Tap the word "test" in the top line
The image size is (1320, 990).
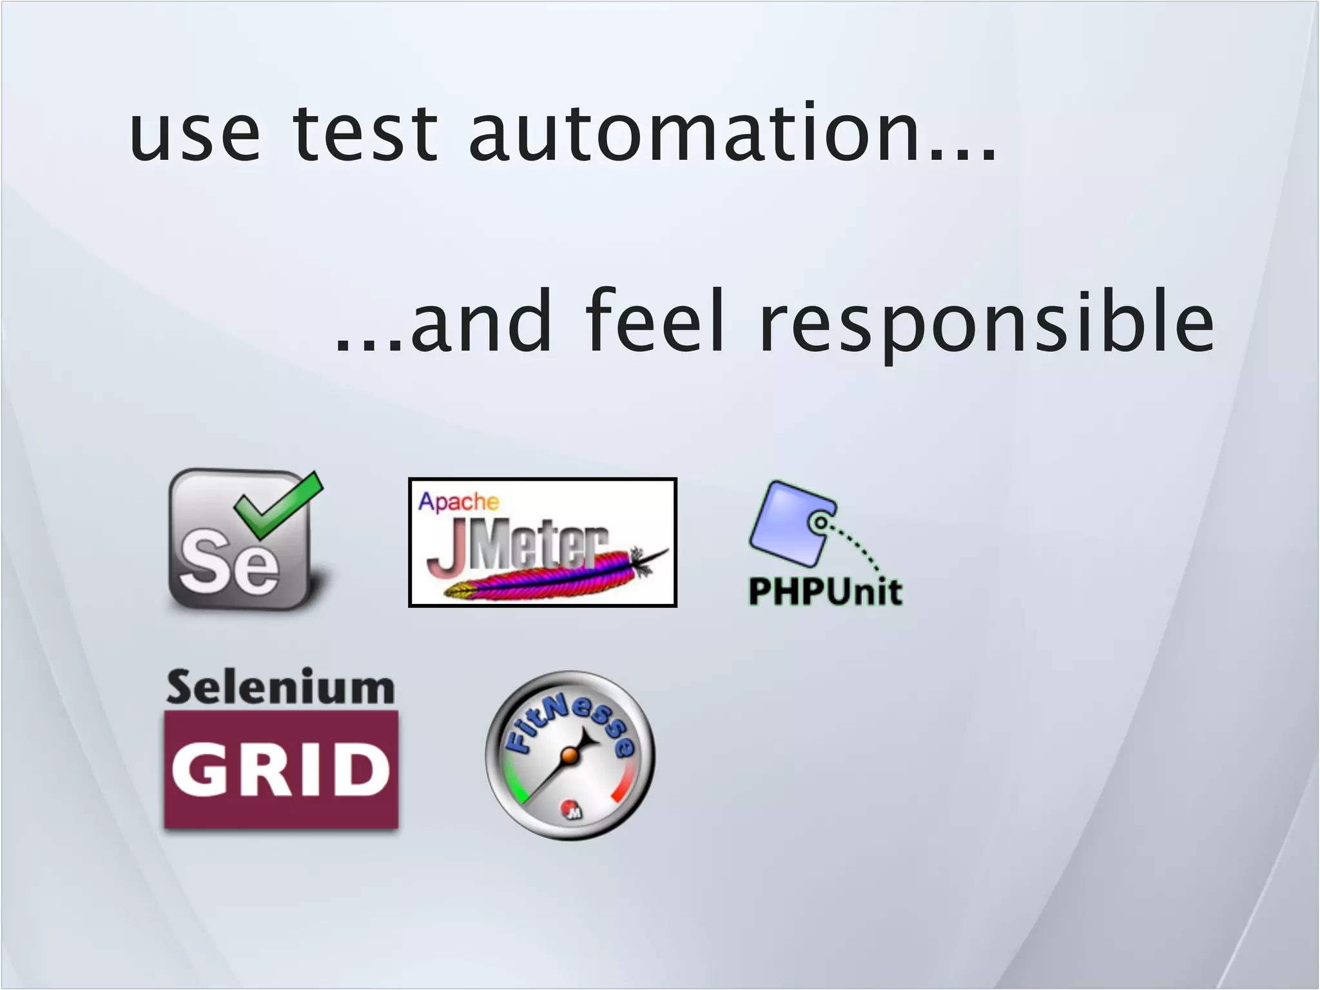pyautogui.click(x=365, y=132)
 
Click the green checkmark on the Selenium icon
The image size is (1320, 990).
pyautogui.click(x=278, y=507)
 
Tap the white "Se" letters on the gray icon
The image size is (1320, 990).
pyautogui.click(x=229, y=562)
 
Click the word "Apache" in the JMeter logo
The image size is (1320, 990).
pyautogui.click(x=458, y=501)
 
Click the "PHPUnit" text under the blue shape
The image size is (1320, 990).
pyautogui.click(x=825, y=591)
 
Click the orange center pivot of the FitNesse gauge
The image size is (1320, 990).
pyautogui.click(x=568, y=756)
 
